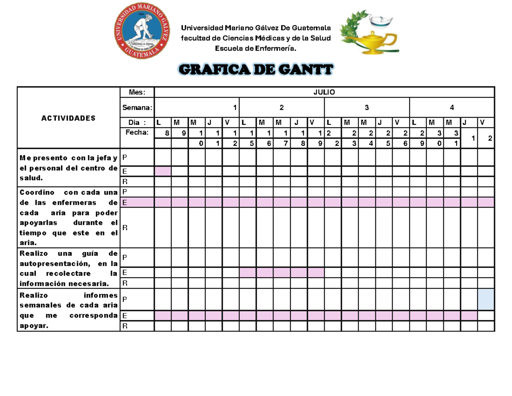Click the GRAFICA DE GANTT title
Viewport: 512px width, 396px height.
pos(256,70)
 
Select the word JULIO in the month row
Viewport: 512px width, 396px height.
pos(324,92)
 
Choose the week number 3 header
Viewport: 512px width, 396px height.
pos(367,107)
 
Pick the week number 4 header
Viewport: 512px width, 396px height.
pos(451,107)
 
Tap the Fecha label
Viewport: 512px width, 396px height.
pos(137,132)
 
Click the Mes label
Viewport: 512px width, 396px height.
pos(137,92)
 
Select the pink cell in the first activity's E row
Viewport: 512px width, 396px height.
pos(163,171)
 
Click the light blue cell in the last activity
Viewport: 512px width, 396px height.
pos(486,299)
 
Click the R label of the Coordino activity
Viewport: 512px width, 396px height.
pos(125,228)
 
